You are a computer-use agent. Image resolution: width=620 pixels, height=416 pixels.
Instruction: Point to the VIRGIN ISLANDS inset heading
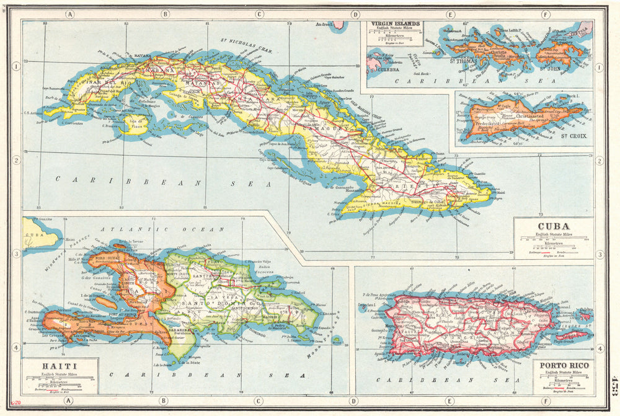(x=395, y=25)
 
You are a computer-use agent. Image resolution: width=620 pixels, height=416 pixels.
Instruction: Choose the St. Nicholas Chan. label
(x=249, y=44)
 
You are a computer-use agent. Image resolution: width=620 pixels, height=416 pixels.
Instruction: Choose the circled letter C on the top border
(x=259, y=14)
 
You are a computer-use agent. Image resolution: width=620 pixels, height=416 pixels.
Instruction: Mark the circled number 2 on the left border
(x=14, y=161)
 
